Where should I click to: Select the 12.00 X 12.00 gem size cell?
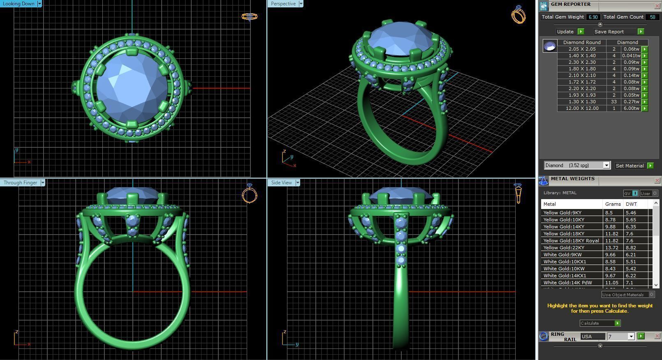pyautogui.click(x=582, y=109)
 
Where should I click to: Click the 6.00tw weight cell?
pyautogui.click(x=631, y=109)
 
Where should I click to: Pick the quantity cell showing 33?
pyautogui.click(x=614, y=102)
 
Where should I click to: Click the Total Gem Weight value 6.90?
pyautogui.click(x=593, y=17)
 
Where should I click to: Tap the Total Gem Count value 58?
pyautogui.click(x=652, y=17)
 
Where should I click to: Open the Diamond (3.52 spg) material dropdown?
pyautogui.click(x=606, y=165)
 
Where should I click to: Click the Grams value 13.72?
pyautogui.click(x=611, y=248)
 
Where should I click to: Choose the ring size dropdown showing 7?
pyautogui.click(x=621, y=337)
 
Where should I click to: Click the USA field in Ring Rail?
pyautogui.click(x=592, y=337)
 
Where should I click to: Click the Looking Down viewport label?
pyautogui.click(x=19, y=4)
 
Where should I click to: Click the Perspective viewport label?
pyautogui.click(x=283, y=4)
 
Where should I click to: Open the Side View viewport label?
pyautogui.click(x=282, y=183)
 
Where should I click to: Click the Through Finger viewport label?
pyautogui.click(x=20, y=183)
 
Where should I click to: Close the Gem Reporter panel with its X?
pyautogui.click(x=657, y=6)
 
